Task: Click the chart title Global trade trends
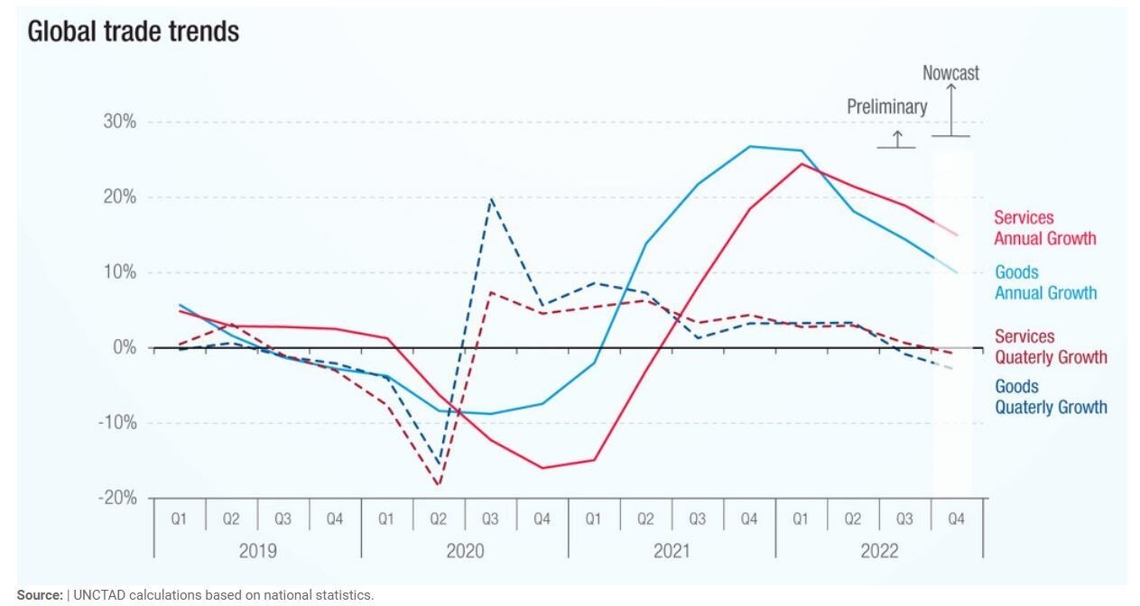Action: [134, 32]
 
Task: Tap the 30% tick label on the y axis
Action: [120, 122]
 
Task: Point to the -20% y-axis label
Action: [117, 498]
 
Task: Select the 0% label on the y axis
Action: [125, 348]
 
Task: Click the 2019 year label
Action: [257, 551]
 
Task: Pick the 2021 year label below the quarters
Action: [672, 551]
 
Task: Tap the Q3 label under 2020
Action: [490, 519]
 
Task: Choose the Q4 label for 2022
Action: [956, 519]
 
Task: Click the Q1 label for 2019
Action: [179, 519]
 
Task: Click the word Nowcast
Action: [950, 73]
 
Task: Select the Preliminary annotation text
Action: [887, 107]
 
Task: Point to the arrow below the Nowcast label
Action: [950, 110]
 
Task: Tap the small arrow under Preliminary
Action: [897, 139]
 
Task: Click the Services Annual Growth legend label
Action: [1045, 228]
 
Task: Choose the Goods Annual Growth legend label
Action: [1046, 282]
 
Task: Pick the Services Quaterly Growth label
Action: [1051, 346]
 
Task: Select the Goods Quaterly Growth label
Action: [1051, 397]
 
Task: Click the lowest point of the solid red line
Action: [542, 468]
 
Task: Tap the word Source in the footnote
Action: [40, 595]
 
